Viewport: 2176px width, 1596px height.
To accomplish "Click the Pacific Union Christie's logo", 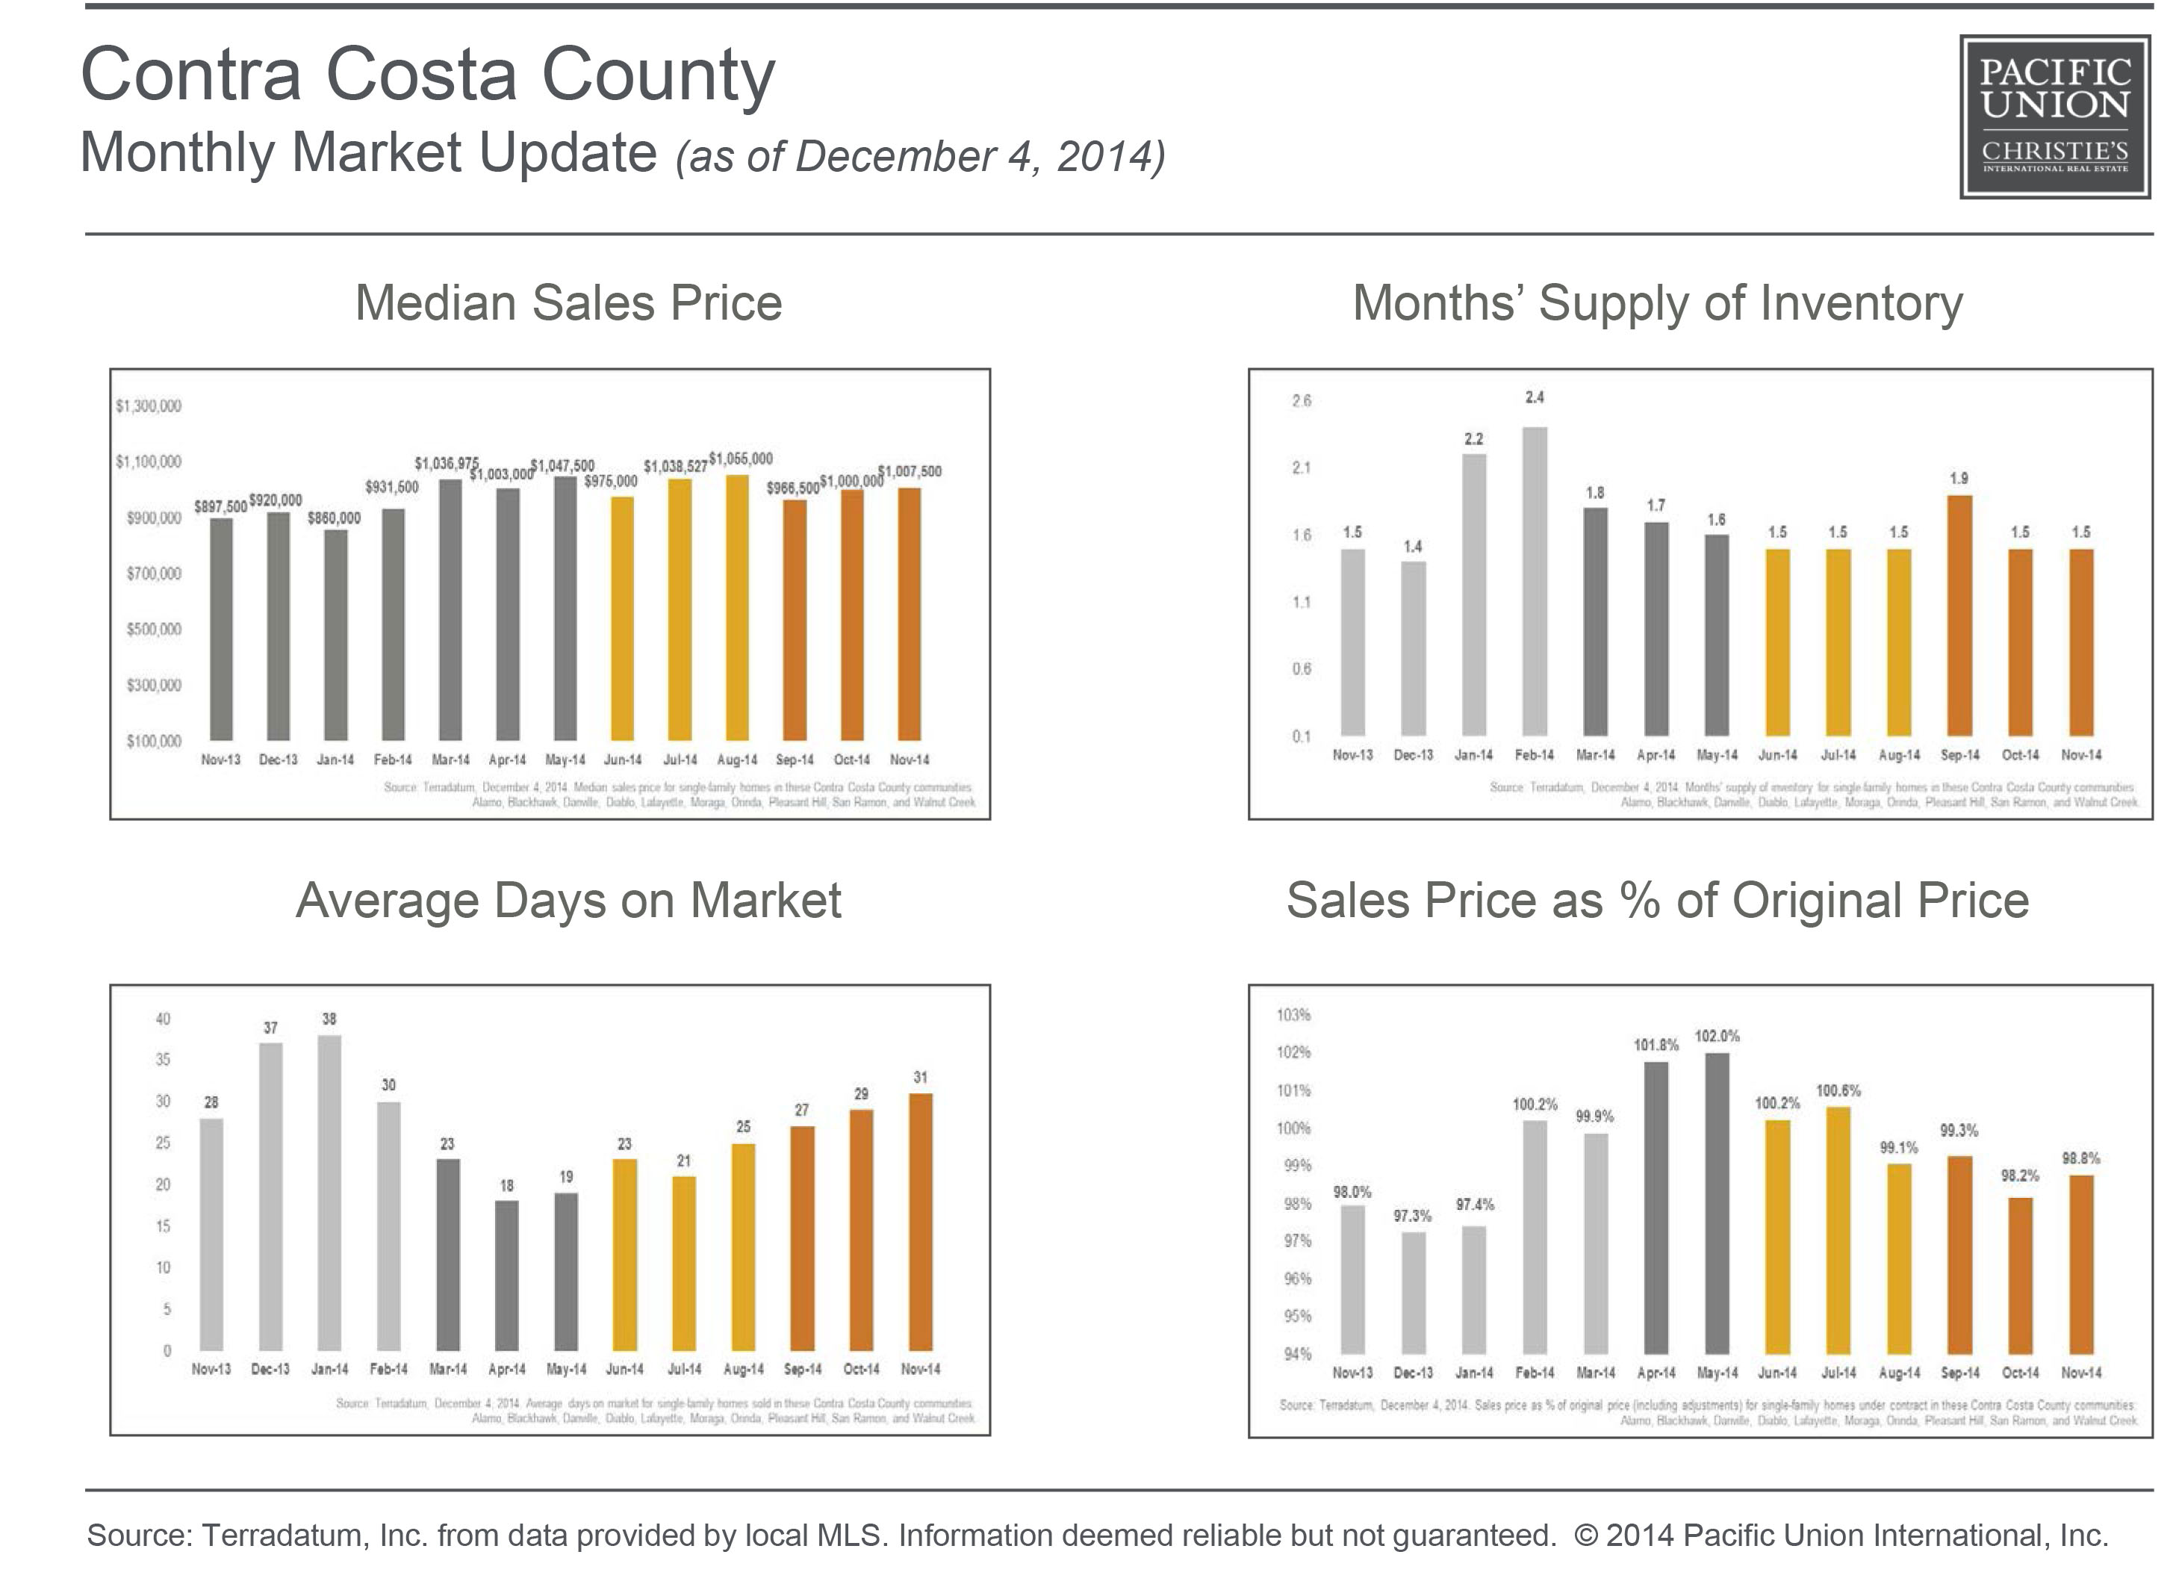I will (2054, 117).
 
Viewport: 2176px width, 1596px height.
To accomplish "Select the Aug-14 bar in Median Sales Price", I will (737, 609).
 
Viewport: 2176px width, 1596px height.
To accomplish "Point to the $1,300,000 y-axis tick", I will (149, 406).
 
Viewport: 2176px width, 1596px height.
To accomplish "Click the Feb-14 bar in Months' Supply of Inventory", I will (1535, 580).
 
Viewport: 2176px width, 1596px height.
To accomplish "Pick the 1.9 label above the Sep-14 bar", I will (1959, 478).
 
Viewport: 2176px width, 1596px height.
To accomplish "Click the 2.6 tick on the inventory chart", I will (1302, 401).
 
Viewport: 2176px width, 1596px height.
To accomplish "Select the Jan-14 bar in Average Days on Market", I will (329, 1193).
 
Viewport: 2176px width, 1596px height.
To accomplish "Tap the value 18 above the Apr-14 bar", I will (507, 1185).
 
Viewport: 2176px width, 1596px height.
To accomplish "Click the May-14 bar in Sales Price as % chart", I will (1718, 1203).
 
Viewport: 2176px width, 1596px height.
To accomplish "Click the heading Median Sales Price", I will (569, 303).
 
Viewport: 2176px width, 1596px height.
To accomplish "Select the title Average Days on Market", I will (569, 901).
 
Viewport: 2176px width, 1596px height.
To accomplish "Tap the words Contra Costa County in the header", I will (428, 75).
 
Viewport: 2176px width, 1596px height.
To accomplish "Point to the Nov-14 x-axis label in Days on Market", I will (921, 1369).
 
